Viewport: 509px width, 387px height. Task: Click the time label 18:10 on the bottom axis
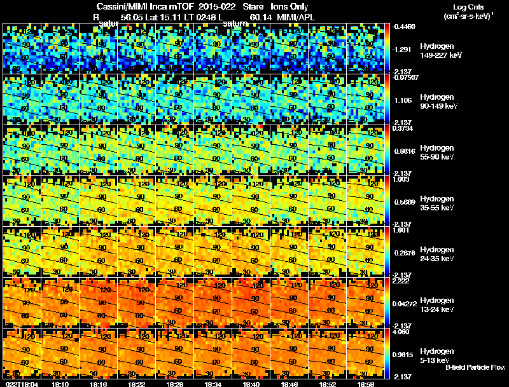(60, 384)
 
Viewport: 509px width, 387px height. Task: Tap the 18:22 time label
(137, 384)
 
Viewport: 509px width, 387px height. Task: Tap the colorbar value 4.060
(403, 332)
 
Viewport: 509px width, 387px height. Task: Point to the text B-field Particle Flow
(475, 367)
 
